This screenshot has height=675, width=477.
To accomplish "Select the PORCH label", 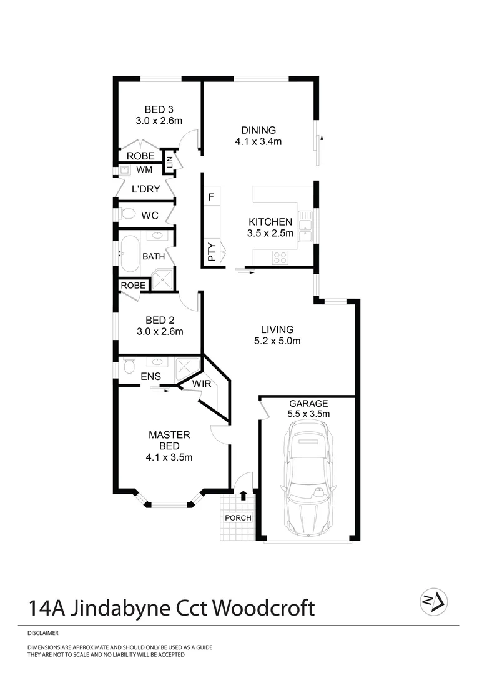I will coord(238,518).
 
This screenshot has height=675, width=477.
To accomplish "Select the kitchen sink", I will coord(305,227).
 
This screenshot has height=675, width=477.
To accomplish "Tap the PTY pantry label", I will coord(212,252).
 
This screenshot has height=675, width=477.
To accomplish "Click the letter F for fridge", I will coord(211,197).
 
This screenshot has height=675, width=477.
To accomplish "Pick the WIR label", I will coord(201,384).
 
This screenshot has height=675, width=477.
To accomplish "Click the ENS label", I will coord(150,376).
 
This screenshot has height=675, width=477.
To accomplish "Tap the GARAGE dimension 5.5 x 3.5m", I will coord(308,414).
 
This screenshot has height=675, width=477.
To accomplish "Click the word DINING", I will coord(258,130).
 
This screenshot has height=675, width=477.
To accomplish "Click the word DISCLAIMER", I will coord(43,633).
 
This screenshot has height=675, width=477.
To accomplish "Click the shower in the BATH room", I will coord(162,280).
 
